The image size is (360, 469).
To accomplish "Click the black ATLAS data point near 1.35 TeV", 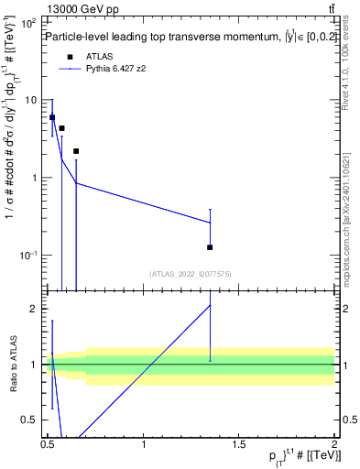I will [x=210, y=247].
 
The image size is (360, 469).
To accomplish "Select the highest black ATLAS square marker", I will [x=52, y=117].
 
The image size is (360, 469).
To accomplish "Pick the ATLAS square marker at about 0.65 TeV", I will [x=76, y=151].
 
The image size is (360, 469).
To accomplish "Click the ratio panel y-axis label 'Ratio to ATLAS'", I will [x=13, y=364].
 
